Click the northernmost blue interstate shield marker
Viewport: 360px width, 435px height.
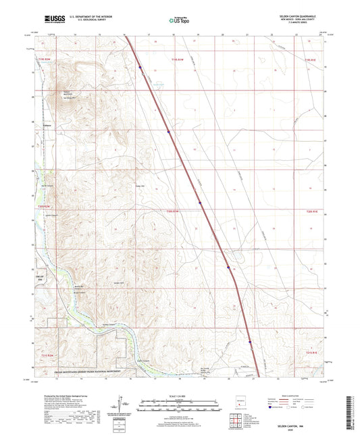pyautogui.click(x=140, y=68)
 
